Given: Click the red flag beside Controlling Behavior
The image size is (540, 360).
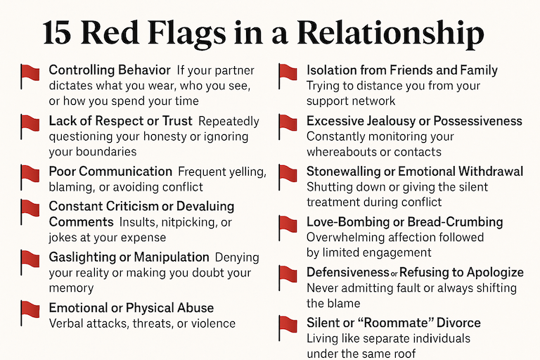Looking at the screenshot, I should point(30,75).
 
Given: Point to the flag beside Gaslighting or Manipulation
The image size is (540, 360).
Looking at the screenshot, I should point(30,262).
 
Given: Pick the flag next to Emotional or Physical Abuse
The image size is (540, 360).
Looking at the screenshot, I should point(30,312).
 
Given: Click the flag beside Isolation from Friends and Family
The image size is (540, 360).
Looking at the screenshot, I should point(288,75).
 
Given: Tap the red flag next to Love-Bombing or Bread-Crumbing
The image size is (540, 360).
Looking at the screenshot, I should point(288,226).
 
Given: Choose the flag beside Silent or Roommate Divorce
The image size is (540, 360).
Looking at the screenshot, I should point(288,327).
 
